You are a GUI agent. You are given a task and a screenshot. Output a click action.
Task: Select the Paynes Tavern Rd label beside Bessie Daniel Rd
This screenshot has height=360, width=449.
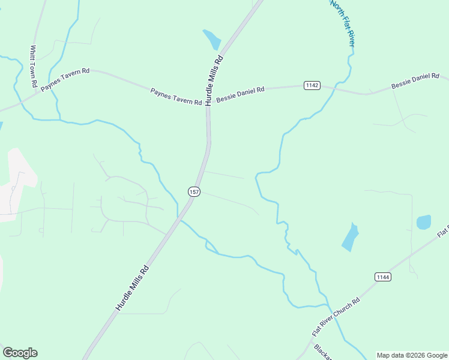[176, 97]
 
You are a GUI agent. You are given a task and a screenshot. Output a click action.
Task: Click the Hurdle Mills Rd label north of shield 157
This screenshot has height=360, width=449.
[214, 80]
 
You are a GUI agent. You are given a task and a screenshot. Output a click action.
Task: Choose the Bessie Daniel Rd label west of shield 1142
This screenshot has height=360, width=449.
[240, 94]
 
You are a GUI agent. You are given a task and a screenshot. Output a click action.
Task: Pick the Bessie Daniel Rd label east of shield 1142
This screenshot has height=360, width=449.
[415, 82]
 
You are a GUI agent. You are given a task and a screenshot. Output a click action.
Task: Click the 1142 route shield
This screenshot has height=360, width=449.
[312, 85]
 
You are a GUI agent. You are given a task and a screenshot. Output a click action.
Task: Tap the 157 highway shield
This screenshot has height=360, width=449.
[193, 191]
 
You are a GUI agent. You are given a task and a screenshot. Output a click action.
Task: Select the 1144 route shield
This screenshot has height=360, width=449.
[382, 277]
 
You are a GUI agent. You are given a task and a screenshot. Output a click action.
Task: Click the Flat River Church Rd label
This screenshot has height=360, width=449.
[336, 316]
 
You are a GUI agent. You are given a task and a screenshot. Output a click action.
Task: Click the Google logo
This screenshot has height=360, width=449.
[20, 353]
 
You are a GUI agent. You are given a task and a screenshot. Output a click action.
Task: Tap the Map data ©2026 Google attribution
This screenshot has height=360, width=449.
[412, 355]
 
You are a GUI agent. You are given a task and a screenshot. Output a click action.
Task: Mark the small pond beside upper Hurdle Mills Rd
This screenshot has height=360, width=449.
[212, 40]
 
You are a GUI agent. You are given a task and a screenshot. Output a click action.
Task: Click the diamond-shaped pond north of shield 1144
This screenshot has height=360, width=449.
[350, 237]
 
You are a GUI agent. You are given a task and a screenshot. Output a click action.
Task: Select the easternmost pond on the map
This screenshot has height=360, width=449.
[424, 222]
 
